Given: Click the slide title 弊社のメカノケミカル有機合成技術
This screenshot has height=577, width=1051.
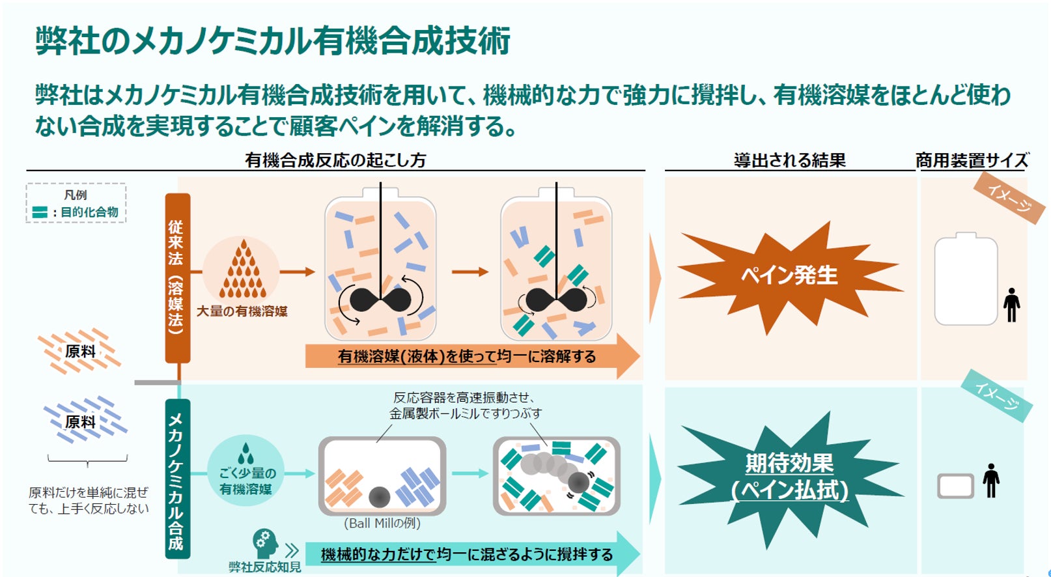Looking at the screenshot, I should tap(273, 41).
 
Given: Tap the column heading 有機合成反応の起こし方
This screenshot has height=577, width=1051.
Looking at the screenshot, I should tap(335, 160).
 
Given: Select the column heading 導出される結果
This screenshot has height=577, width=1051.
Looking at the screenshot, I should tap(789, 160).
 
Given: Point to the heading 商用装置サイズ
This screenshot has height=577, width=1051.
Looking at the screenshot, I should tap(972, 160).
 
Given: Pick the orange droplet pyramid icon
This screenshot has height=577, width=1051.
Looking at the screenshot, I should tap(243, 270).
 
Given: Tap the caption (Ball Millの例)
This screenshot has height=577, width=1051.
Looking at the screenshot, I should tap(382, 523).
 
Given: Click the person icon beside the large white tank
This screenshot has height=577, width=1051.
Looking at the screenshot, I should tap(1011, 305).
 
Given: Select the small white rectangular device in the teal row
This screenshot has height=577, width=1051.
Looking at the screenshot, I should tap(955, 486).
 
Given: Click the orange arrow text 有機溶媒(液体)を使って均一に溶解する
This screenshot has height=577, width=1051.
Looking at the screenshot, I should tap(466, 357).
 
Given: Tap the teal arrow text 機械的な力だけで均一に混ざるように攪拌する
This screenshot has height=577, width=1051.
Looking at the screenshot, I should tap(466, 554).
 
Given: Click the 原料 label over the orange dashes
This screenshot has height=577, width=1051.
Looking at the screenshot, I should tap(81, 352).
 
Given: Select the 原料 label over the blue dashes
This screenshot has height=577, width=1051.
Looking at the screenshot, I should tap(81, 422).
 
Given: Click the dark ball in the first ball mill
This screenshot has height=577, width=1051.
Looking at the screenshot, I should tap(379, 498).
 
